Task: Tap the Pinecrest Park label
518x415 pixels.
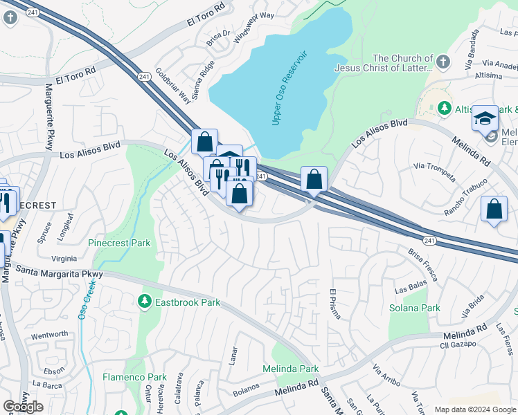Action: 119,243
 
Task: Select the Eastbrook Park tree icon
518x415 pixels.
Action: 144,302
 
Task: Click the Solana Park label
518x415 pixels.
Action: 414,308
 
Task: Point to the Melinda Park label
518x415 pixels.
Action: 290,369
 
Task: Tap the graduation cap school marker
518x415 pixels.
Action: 485,118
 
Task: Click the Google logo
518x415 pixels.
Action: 23,407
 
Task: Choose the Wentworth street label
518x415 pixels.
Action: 50,335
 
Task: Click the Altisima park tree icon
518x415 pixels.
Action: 443,109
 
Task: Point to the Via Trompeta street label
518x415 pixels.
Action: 434,171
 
